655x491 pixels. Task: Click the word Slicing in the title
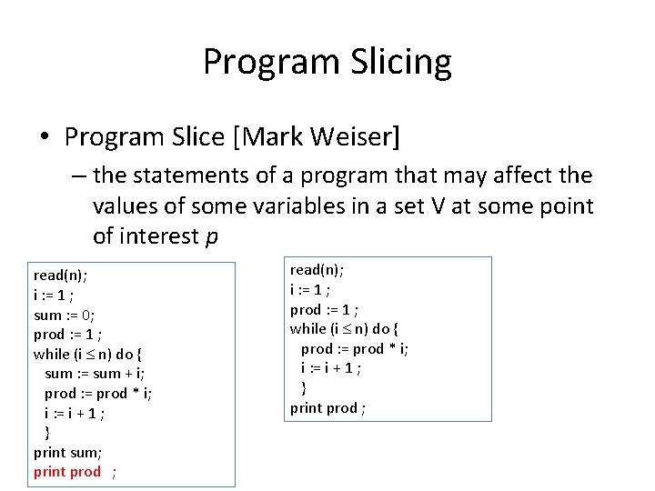tap(397, 63)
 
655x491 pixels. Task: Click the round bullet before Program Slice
tap(45, 138)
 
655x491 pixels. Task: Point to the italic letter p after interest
tap(211, 236)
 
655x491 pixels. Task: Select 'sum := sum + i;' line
tap(94, 374)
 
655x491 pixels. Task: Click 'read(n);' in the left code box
tap(60, 274)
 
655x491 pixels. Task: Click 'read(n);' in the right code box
tap(317, 269)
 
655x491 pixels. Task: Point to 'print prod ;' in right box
tap(328, 408)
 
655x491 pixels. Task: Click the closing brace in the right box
tap(304, 388)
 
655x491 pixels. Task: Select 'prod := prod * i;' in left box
tap(98, 393)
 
